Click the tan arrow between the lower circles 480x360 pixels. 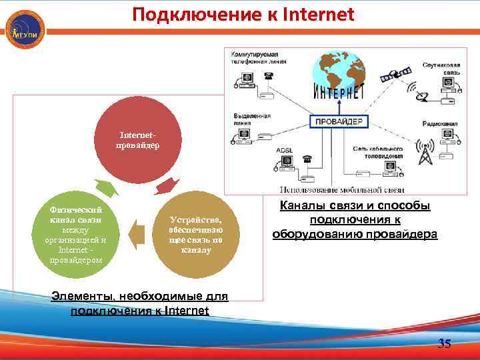[136, 234]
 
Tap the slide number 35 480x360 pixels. [444, 344]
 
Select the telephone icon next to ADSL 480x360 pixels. [307, 160]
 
